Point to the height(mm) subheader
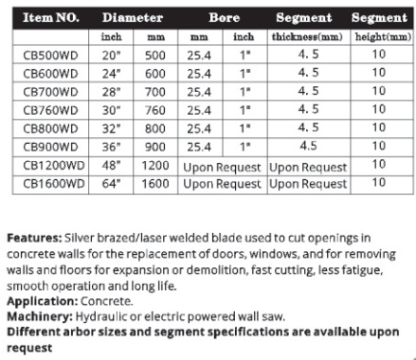(x=380, y=37)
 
